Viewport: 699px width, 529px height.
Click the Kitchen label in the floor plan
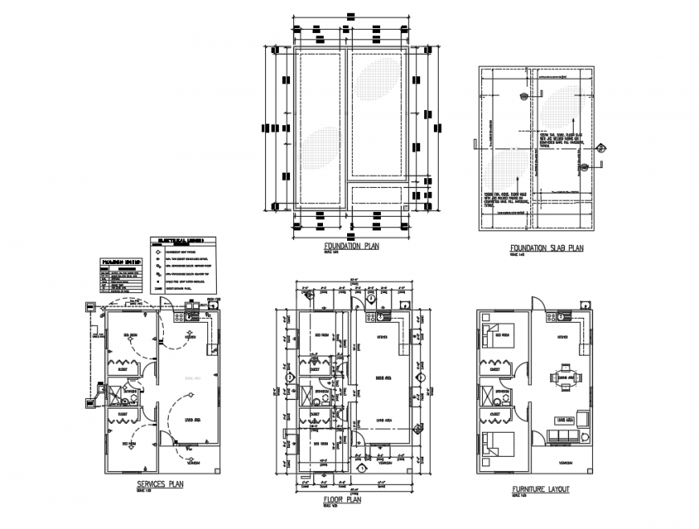click(382, 337)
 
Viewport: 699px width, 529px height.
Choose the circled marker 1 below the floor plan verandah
click(362, 467)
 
